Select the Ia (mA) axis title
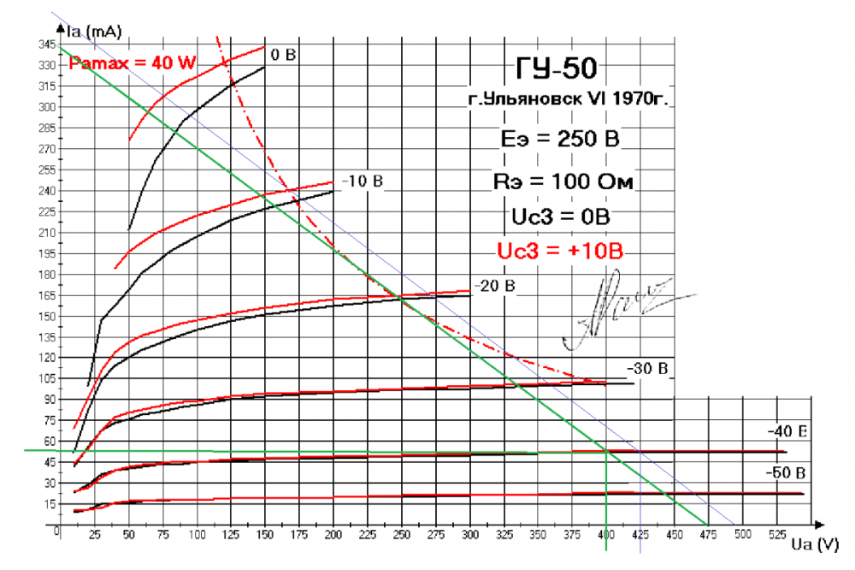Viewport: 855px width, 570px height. (x=93, y=31)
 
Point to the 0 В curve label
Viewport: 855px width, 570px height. (x=283, y=55)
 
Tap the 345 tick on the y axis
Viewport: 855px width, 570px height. (x=45, y=44)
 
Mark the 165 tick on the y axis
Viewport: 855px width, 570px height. (x=45, y=295)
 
